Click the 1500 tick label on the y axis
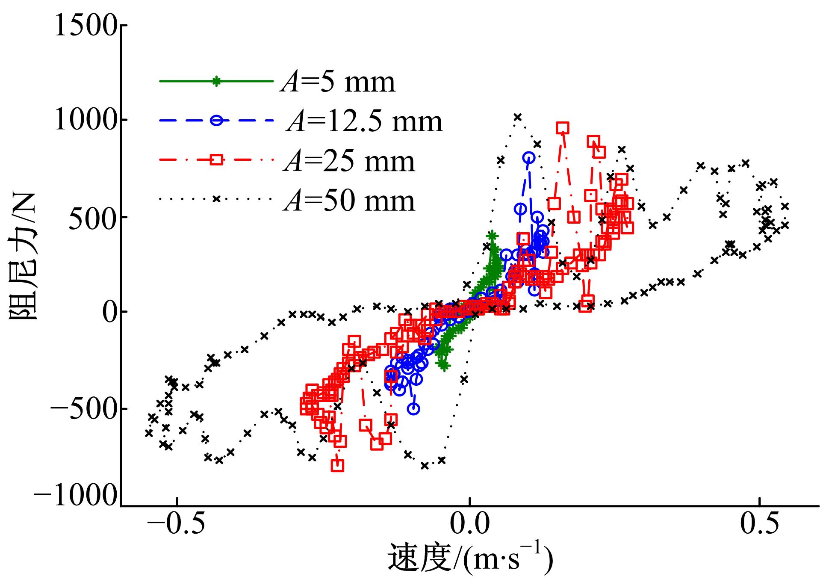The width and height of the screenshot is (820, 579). click(x=85, y=26)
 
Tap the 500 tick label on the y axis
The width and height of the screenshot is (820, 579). click(x=92, y=217)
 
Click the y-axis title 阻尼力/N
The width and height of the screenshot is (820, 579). click(x=24, y=257)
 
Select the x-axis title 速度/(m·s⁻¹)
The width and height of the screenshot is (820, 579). click(x=470, y=559)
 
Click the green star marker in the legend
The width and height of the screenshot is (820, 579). click(x=216, y=81)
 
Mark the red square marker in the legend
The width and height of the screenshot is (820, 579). click(x=216, y=160)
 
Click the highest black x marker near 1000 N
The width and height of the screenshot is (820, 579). click(x=518, y=117)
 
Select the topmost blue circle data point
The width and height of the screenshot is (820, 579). click(x=529, y=158)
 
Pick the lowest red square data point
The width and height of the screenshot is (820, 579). click(x=338, y=465)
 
